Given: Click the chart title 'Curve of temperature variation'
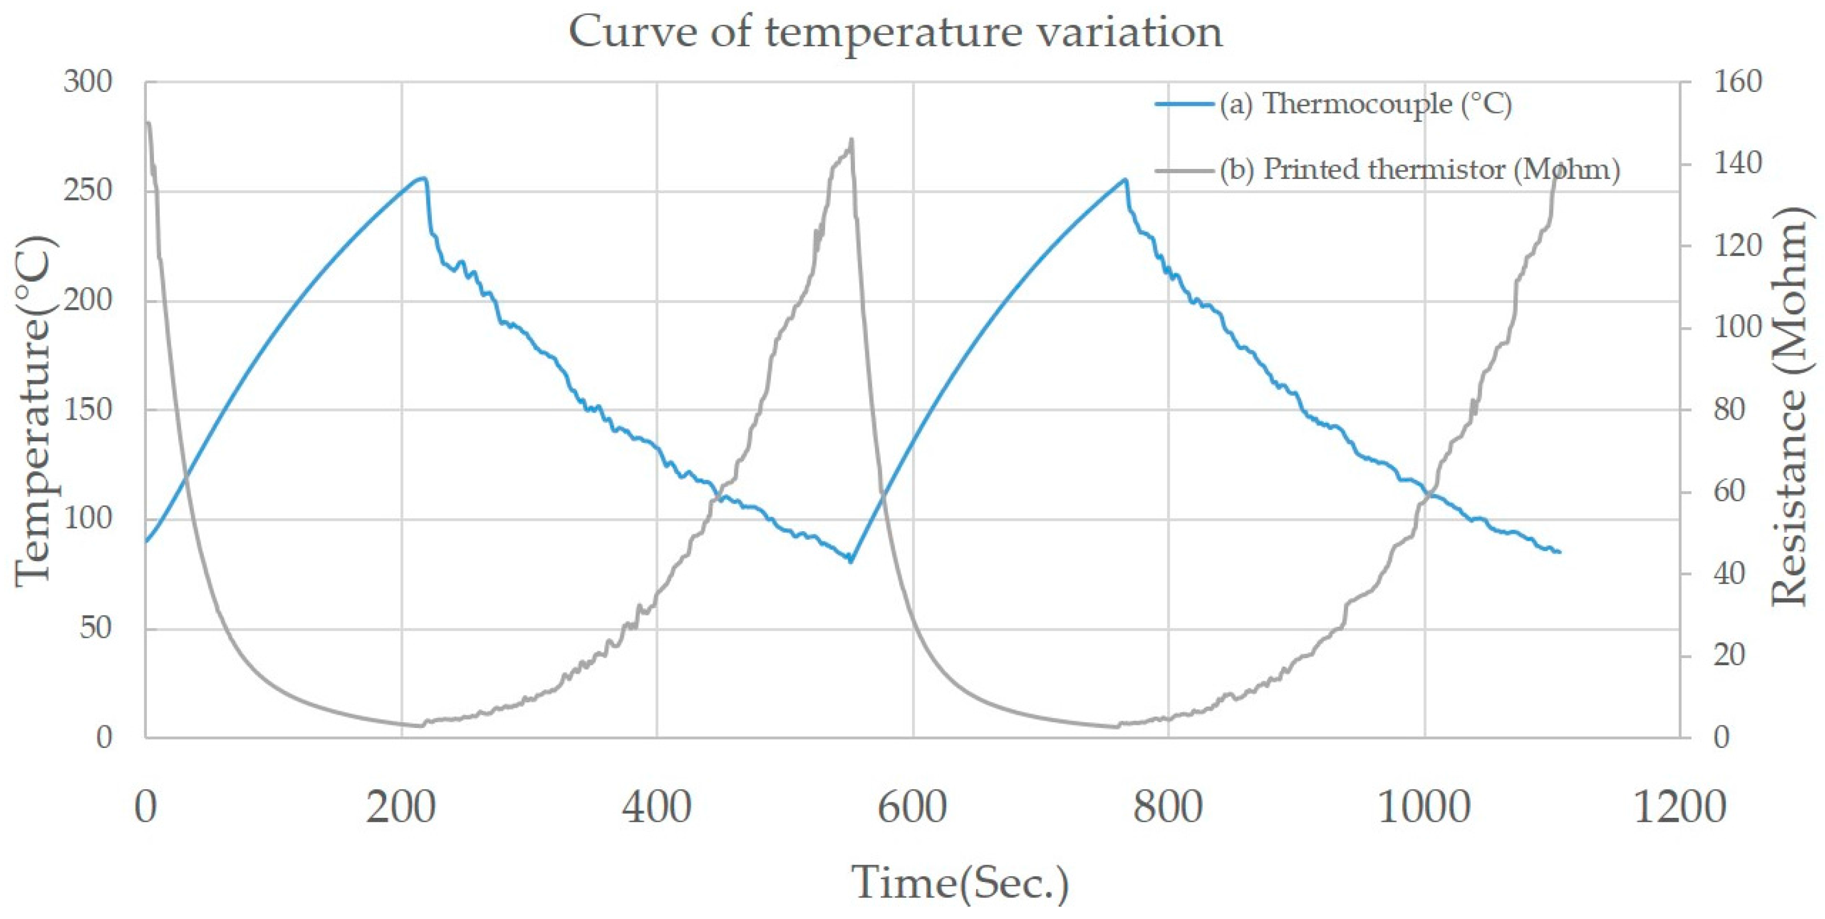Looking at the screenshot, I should pos(896,32).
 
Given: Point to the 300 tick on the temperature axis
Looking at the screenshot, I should pos(88,82).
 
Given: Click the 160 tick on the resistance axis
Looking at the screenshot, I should pos(1737,82).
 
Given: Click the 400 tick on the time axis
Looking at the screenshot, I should pos(657,807).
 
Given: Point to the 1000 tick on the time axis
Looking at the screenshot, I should pos(1423,807).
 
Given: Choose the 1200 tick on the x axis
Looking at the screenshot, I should pos(1679,807).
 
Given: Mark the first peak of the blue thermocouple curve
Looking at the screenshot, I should pos(424,178).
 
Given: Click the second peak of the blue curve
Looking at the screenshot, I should pos(1125,179).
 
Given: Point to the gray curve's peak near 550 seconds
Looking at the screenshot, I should pos(851,140).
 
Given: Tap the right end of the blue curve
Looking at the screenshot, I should pos(1560,552).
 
